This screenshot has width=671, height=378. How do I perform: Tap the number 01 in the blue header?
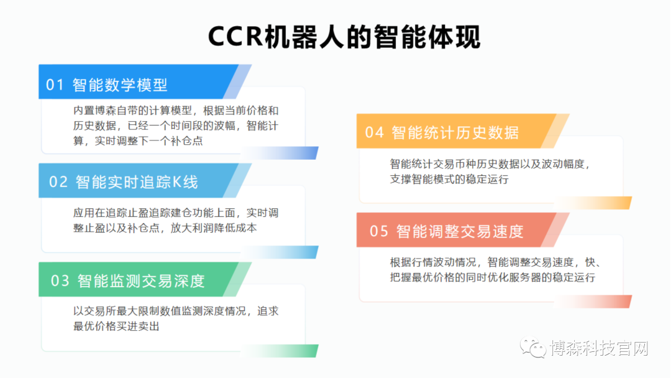[x=55, y=85]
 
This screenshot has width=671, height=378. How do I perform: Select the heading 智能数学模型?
[x=120, y=85]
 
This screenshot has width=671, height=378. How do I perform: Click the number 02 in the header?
[x=58, y=182]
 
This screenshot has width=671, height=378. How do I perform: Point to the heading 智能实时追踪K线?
[x=137, y=182]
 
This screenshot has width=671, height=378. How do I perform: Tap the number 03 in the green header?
[x=60, y=281]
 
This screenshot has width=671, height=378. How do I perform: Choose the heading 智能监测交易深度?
[x=141, y=281]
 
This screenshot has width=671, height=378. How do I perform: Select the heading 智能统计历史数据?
[x=455, y=132]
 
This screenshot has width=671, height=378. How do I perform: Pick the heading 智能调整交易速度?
[x=460, y=231]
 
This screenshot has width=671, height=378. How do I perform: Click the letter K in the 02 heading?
[x=177, y=182]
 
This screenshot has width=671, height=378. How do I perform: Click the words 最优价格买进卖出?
[x=116, y=326]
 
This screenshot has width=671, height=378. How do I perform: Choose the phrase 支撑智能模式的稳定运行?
[x=449, y=179]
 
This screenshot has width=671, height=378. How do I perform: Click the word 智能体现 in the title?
[x=427, y=37]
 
